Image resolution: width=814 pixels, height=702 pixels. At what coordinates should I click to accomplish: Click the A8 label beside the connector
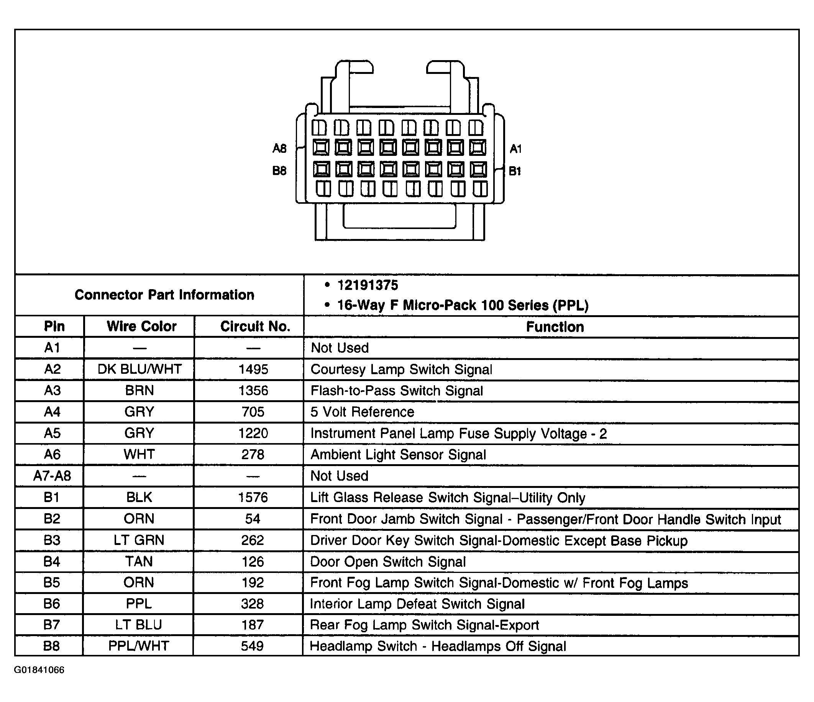[x=279, y=149]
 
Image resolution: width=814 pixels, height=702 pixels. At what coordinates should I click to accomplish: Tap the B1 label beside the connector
[x=515, y=171]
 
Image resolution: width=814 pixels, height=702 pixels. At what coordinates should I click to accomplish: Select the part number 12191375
[x=367, y=285]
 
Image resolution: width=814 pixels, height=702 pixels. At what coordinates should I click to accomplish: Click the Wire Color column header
[x=141, y=326]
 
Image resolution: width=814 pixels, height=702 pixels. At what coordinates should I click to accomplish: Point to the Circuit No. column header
[x=255, y=326]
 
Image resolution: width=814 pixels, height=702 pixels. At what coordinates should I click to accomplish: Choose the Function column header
[x=555, y=327]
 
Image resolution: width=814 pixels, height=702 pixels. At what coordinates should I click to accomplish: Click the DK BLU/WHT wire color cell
[x=139, y=369]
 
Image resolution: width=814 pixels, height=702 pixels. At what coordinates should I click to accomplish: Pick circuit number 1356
[x=253, y=391]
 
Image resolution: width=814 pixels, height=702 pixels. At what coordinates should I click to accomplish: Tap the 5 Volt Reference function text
[x=362, y=412]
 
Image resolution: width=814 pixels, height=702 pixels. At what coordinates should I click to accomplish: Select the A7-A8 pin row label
[x=52, y=476]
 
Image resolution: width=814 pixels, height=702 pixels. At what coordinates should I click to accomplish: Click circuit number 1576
[x=253, y=497]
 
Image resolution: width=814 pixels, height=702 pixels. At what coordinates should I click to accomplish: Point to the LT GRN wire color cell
[x=139, y=540]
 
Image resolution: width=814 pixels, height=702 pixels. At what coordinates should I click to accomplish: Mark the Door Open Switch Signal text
[x=388, y=561]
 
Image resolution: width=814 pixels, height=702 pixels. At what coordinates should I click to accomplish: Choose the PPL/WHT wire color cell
[x=139, y=646]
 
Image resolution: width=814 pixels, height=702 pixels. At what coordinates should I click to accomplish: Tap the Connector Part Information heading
[x=164, y=295]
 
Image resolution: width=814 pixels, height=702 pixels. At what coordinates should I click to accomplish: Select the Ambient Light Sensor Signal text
[x=398, y=455]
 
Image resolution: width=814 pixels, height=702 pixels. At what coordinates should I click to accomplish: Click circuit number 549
[x=252, y=646]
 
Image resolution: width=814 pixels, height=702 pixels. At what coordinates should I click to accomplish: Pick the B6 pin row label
[x=51, y=604]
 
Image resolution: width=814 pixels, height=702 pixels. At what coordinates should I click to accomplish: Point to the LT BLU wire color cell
[x=139, y=625]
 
